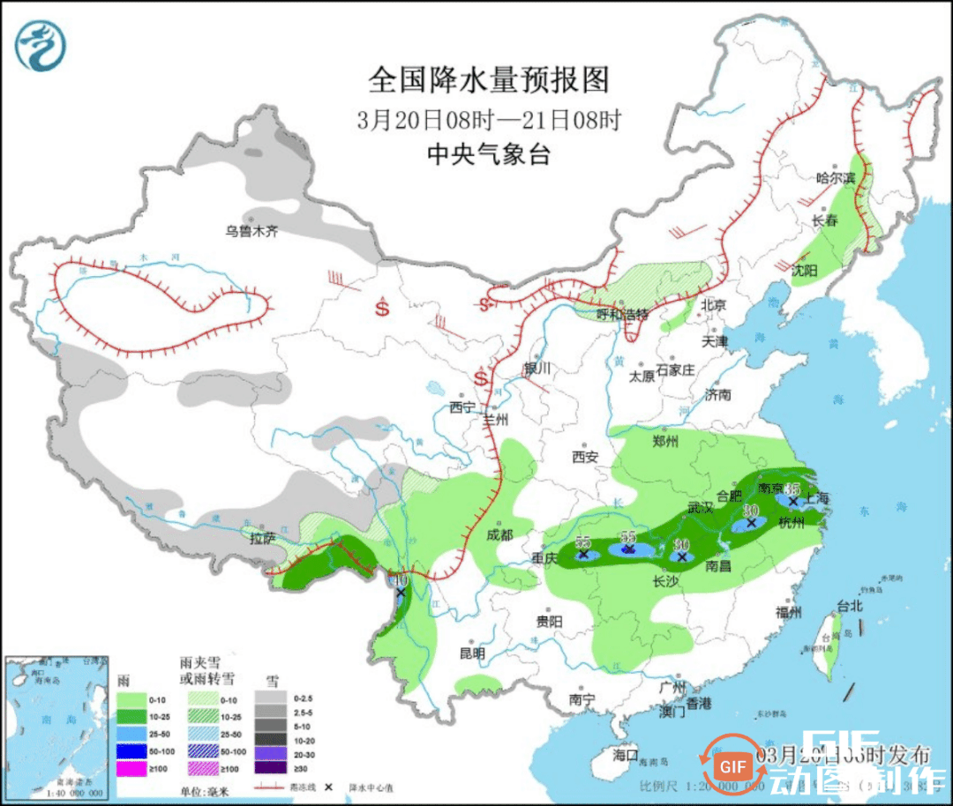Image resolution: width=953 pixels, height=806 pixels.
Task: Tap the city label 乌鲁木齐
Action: tap(251, 231)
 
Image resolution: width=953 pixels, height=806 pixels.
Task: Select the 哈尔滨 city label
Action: tap(836, 177)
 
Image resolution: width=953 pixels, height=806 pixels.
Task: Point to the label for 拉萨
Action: tap(262, 536)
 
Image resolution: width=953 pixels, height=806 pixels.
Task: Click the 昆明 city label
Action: tap(472, 653)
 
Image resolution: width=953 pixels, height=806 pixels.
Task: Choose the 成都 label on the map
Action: tap(499, 534)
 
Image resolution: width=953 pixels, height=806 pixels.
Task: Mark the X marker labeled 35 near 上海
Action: tap(793, 501)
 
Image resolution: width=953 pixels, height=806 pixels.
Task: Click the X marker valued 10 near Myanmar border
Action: tap(401, 593)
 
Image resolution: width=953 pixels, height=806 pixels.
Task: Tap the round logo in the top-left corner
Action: tap(41, 45)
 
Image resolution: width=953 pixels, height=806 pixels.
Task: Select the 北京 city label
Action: tap(713, 305)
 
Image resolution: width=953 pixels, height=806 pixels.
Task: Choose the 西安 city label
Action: tap(585, 457)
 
